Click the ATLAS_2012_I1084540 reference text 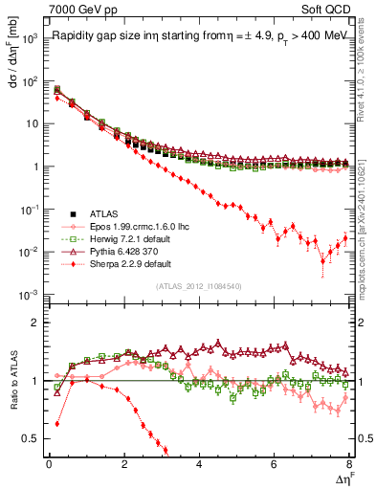(199, 286)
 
